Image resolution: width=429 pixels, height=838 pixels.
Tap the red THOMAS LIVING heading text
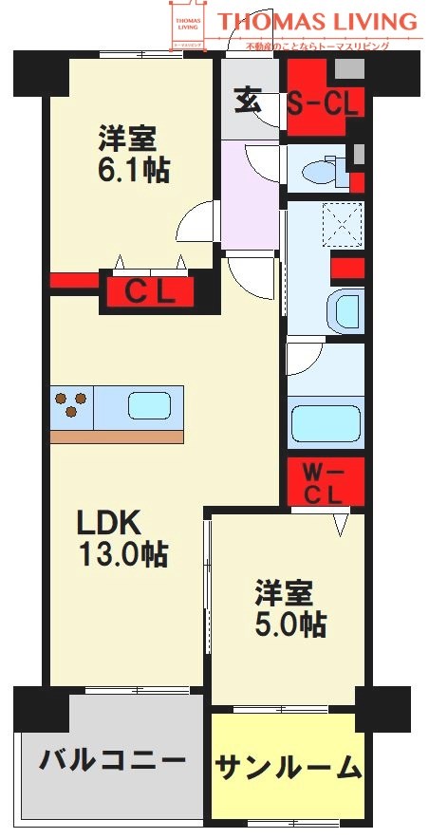[x=317, y=21]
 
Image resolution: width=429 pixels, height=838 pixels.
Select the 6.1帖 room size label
[x=133, y=172]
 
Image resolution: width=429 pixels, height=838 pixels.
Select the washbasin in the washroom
[x=343, y=309]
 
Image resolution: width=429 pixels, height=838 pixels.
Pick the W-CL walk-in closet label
[x=325, y=482]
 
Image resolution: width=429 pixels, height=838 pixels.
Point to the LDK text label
[x=108, y=522]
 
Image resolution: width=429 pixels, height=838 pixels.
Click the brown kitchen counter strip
[x=116, y=436]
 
